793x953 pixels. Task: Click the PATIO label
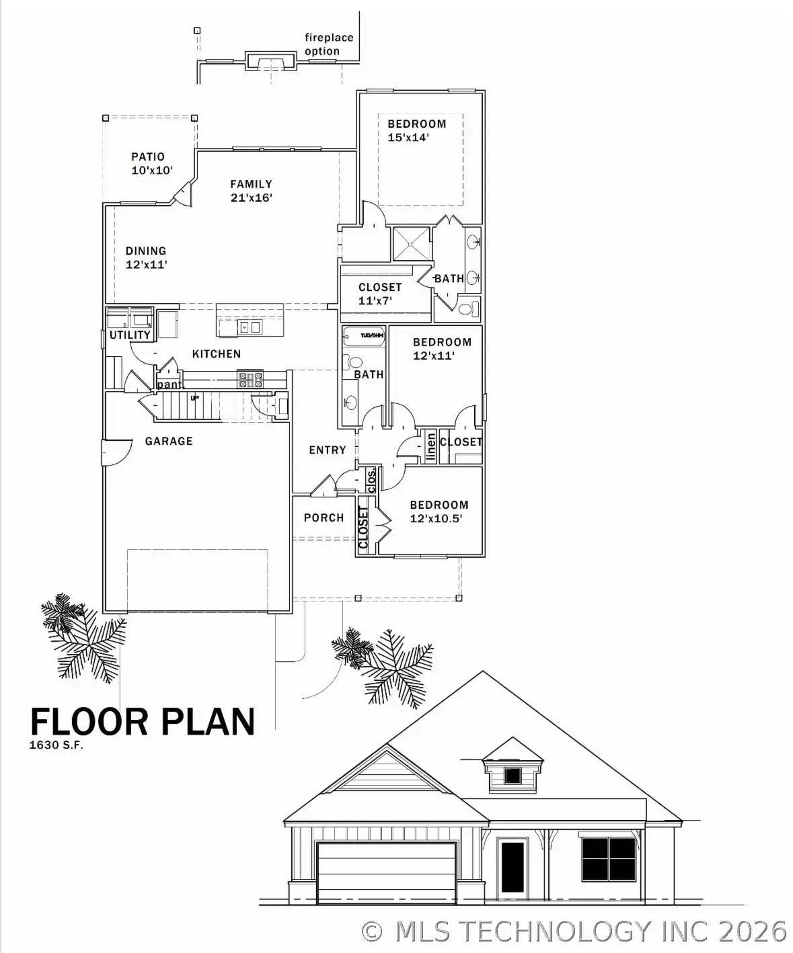(147, 157)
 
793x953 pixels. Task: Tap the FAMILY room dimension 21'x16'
(251, 198)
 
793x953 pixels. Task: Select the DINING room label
(145, 251)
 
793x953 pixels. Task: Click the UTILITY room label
(130, 335)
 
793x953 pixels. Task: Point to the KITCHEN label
(216, 354)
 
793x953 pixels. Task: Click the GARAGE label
(169, 442)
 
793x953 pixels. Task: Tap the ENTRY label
(328, 450)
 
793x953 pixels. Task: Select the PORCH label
(324, 518)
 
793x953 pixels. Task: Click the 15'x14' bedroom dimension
(408, 137)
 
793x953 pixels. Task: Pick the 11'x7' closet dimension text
(375, 301)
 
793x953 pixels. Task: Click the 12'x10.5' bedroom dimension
(436, 519)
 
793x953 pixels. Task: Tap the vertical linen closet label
(430, 448)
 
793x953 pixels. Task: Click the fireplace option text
(328, 44)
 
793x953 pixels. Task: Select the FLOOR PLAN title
(143, 721)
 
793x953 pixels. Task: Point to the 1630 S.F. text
(56, 745)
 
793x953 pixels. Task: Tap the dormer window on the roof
(513, 775)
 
